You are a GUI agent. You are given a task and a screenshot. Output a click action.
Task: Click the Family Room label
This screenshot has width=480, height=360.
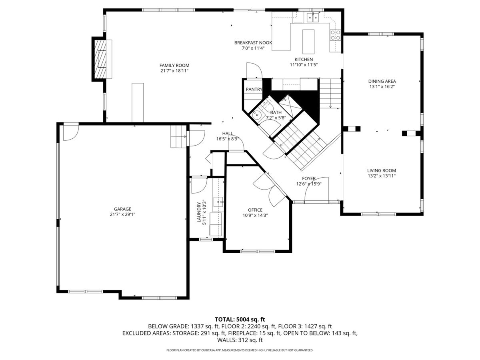pyautogui.click(x=174, y=65)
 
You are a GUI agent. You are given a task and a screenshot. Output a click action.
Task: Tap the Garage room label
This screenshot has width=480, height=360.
pyautogui.click(x=122, y=209)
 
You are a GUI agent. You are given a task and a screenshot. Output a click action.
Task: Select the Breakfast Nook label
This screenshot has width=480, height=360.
pyautogui.click(x=253, y=43)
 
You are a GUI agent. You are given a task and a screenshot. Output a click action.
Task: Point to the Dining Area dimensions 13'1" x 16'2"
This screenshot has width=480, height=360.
pyautogui.click(x=382, y=86)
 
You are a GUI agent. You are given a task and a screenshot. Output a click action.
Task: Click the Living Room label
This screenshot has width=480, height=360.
pyautogui.click(x=382, y=170)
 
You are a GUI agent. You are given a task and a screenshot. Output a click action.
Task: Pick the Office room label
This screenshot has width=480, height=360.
pyautogui.click(x=255, y=210)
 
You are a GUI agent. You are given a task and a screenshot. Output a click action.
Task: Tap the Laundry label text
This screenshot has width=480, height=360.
pyautogui.click(x=199, y=212)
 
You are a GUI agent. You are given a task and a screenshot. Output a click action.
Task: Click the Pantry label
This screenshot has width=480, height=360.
pyautogui.click(x=254, y=89)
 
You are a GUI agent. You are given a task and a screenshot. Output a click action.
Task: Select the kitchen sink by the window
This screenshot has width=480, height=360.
pyautogui.click(x=313, y=17)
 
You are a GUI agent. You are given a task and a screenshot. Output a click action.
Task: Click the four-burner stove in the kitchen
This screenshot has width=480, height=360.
pyautogui.click(x=336, y=35)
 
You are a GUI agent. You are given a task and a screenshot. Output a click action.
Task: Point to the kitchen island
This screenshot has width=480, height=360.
pyautogui.click(x=308, y=42)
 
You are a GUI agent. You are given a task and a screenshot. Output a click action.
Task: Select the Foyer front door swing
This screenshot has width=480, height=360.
pyautogui.click(x=316, y=189)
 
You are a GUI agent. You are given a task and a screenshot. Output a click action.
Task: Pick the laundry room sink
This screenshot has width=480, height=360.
pyautogui.click(x=218, y=202)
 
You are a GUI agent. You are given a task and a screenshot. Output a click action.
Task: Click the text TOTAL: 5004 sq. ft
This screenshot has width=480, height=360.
pyautogui.click(x=240, y=319)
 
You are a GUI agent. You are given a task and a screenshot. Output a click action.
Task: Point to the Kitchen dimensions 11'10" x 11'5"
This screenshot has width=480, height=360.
pyautogui.click(x=304, y=65)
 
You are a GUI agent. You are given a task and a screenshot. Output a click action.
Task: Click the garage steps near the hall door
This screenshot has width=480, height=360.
pyautogui.click(x=178, y=137)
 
